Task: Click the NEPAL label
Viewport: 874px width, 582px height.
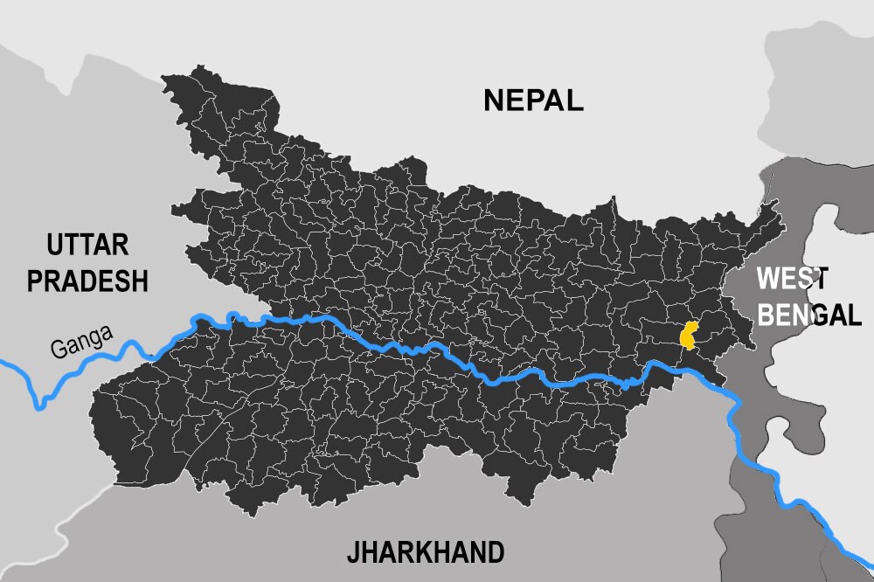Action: point(533,100)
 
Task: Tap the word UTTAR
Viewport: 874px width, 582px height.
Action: point(87,245)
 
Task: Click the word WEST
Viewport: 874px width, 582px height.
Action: point(791,279)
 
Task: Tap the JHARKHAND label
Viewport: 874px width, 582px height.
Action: point(426,552)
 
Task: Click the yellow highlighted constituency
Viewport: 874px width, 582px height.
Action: point(690,336)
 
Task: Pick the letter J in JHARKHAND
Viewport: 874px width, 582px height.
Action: point(352,553)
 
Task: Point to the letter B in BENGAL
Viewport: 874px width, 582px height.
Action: point(766,314)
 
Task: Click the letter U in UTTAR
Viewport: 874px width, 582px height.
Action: point(56,245)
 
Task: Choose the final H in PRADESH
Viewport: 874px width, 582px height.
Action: point(138,281)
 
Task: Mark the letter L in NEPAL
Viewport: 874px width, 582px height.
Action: point(574,100)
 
